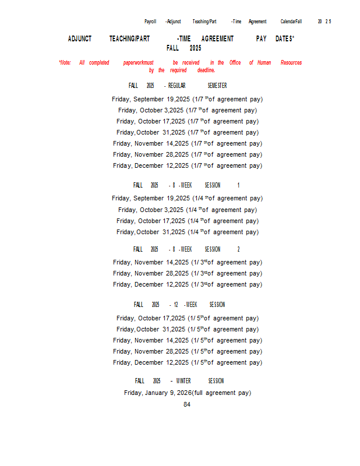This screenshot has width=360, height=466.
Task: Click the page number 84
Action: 187,404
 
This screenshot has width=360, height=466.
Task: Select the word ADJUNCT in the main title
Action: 80,39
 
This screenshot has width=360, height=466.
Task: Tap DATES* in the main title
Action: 285,39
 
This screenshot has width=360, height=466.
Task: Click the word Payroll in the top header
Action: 150,22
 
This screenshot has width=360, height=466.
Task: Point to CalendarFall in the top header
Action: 291,22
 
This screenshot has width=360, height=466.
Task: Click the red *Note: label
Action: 65,63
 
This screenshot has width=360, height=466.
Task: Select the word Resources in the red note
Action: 291,63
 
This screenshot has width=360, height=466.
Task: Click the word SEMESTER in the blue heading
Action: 217,86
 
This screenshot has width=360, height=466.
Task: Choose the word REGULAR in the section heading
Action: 177,86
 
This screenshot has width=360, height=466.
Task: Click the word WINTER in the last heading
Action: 183,381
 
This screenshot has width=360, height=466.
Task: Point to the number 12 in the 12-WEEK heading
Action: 175,305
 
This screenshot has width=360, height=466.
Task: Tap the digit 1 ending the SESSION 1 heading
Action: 238,185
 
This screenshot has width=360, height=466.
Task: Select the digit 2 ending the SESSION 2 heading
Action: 238,249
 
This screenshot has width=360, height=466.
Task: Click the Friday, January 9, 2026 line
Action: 188,393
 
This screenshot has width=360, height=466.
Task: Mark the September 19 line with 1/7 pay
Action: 188,99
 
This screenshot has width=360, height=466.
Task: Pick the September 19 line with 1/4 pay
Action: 188,198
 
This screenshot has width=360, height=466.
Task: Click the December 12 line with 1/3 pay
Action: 188,284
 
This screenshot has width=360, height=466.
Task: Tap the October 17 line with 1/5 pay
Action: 188,318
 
